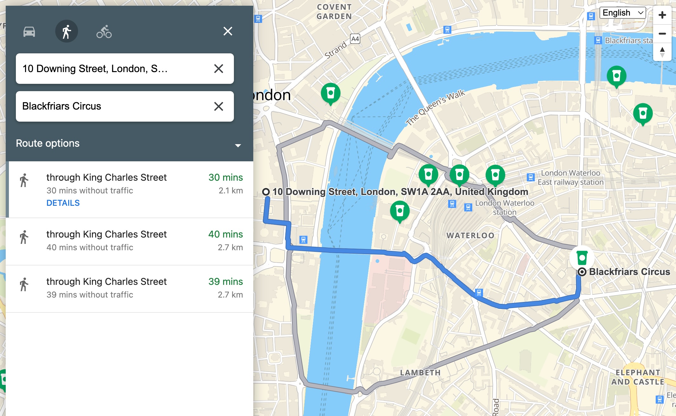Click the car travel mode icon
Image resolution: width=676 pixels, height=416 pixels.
[x=29, y=31]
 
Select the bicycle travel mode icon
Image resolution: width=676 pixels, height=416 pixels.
[x=104, y=31]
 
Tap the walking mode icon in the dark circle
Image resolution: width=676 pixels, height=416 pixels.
[x=67, y=31]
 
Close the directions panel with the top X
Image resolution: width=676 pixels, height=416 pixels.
[x=228, y=31]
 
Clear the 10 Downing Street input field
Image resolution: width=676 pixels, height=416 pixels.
[x=218, y=69]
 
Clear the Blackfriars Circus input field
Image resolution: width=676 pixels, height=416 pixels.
[x=218, y=106]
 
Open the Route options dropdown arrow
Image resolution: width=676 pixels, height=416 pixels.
[x=238, y=145]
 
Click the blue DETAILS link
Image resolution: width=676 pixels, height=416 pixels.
[x=63, y=203]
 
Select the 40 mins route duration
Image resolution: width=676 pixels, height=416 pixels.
[x=225, y=234]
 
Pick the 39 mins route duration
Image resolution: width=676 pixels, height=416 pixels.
[x=225, y=282]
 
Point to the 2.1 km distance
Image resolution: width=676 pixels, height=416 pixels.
[x=230, y=191]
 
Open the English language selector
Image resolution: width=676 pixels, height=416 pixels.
[x=622, y=13]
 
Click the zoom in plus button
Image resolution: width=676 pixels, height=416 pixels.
[x=662, y=15]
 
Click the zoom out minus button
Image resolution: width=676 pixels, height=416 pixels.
[x=662, y=34]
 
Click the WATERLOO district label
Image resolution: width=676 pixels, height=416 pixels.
[x=470, y=236]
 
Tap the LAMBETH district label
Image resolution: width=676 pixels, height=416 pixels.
[x=420, y=373]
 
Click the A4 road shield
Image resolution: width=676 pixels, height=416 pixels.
[x=355, y=39]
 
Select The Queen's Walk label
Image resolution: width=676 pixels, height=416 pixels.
[x=435, y=107]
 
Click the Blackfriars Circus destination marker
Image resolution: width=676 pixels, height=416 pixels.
[x=582, y=272]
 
